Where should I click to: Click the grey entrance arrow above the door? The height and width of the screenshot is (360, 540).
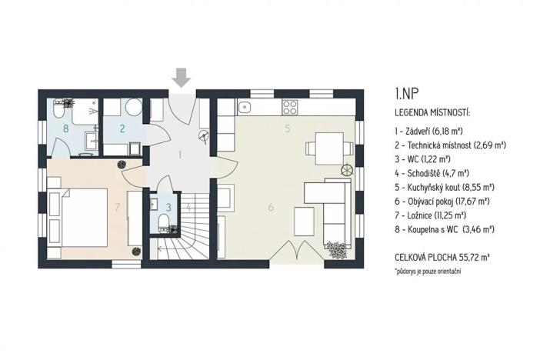[182, 78]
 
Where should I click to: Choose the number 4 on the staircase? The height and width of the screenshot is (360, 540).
[188, 205]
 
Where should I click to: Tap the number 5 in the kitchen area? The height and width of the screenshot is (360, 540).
[287, 129]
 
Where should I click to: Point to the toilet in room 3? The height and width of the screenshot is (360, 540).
[163, 224]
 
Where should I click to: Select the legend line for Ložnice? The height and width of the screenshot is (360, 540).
[432, 215]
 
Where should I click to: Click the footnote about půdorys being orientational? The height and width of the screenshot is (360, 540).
[432, 272]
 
